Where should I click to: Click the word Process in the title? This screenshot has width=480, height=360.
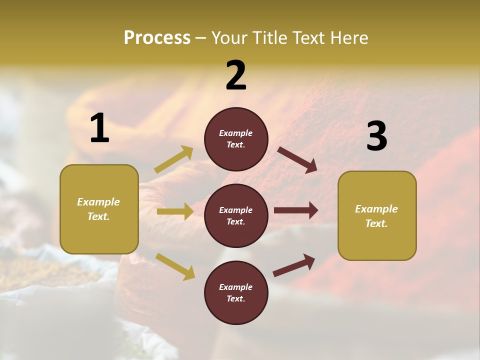pos(157,38)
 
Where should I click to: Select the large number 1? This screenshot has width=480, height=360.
pos(99,128)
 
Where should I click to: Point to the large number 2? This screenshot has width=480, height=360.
pos(236,75)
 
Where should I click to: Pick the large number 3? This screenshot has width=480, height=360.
pos(376,136)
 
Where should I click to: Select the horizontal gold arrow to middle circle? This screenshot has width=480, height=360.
pos(175,211)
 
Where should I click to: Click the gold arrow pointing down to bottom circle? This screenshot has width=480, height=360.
pos(175,266)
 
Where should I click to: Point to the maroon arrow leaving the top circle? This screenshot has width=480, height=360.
pos(297,159)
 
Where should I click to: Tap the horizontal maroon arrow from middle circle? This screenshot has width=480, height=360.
pos(296,210)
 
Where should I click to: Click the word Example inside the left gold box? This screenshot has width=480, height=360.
pos(98,202)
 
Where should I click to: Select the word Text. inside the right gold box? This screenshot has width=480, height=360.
pos(376,223)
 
